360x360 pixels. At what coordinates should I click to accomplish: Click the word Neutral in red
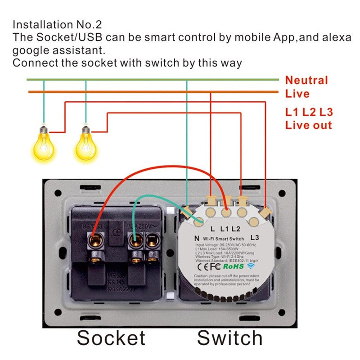click(x=306, y=81)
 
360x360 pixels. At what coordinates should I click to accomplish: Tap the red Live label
click(x=297, y=94)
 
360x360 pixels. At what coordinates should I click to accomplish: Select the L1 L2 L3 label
click(x=309, y=112)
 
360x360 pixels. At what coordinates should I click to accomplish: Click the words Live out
click(x=309, y=125)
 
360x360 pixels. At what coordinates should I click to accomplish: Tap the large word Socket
click(x=111, y=337)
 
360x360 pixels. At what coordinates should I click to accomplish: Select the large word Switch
click(x=229, y=337)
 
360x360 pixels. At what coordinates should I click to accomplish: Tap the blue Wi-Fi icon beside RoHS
click(x=251, y=267)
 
